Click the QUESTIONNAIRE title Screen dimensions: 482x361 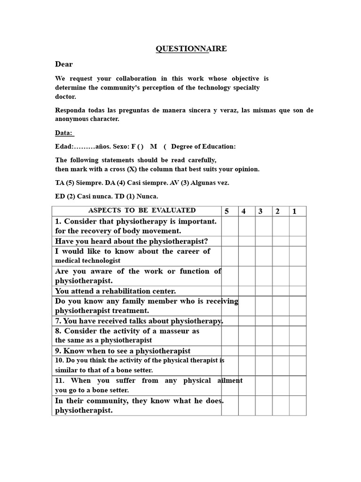(x=191, y=48)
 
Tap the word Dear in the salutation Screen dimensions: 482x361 (x=64, y=64)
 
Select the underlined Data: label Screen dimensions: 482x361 (x=64, y=133)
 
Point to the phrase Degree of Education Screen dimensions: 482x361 (x=204, y=146)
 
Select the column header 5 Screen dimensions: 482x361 (x=227, y=211)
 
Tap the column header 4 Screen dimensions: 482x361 (x=244, y=211)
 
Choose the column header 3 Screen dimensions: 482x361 (x=260, y=211)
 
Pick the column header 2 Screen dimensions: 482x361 (x=278, y=211)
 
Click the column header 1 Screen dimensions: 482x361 (x=295, y=211)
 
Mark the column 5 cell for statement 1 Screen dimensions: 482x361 (x=230, y=226)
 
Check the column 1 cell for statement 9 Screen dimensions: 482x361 (x=298, y=351)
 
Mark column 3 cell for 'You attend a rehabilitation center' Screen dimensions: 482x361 (x=264, y=291)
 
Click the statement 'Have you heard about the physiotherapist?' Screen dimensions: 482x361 (x=132, y=241)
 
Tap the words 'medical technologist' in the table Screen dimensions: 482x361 (x=88, y=260)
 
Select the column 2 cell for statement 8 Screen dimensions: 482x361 (x=281, y=336)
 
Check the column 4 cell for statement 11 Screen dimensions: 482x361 (x=247, y=386)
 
